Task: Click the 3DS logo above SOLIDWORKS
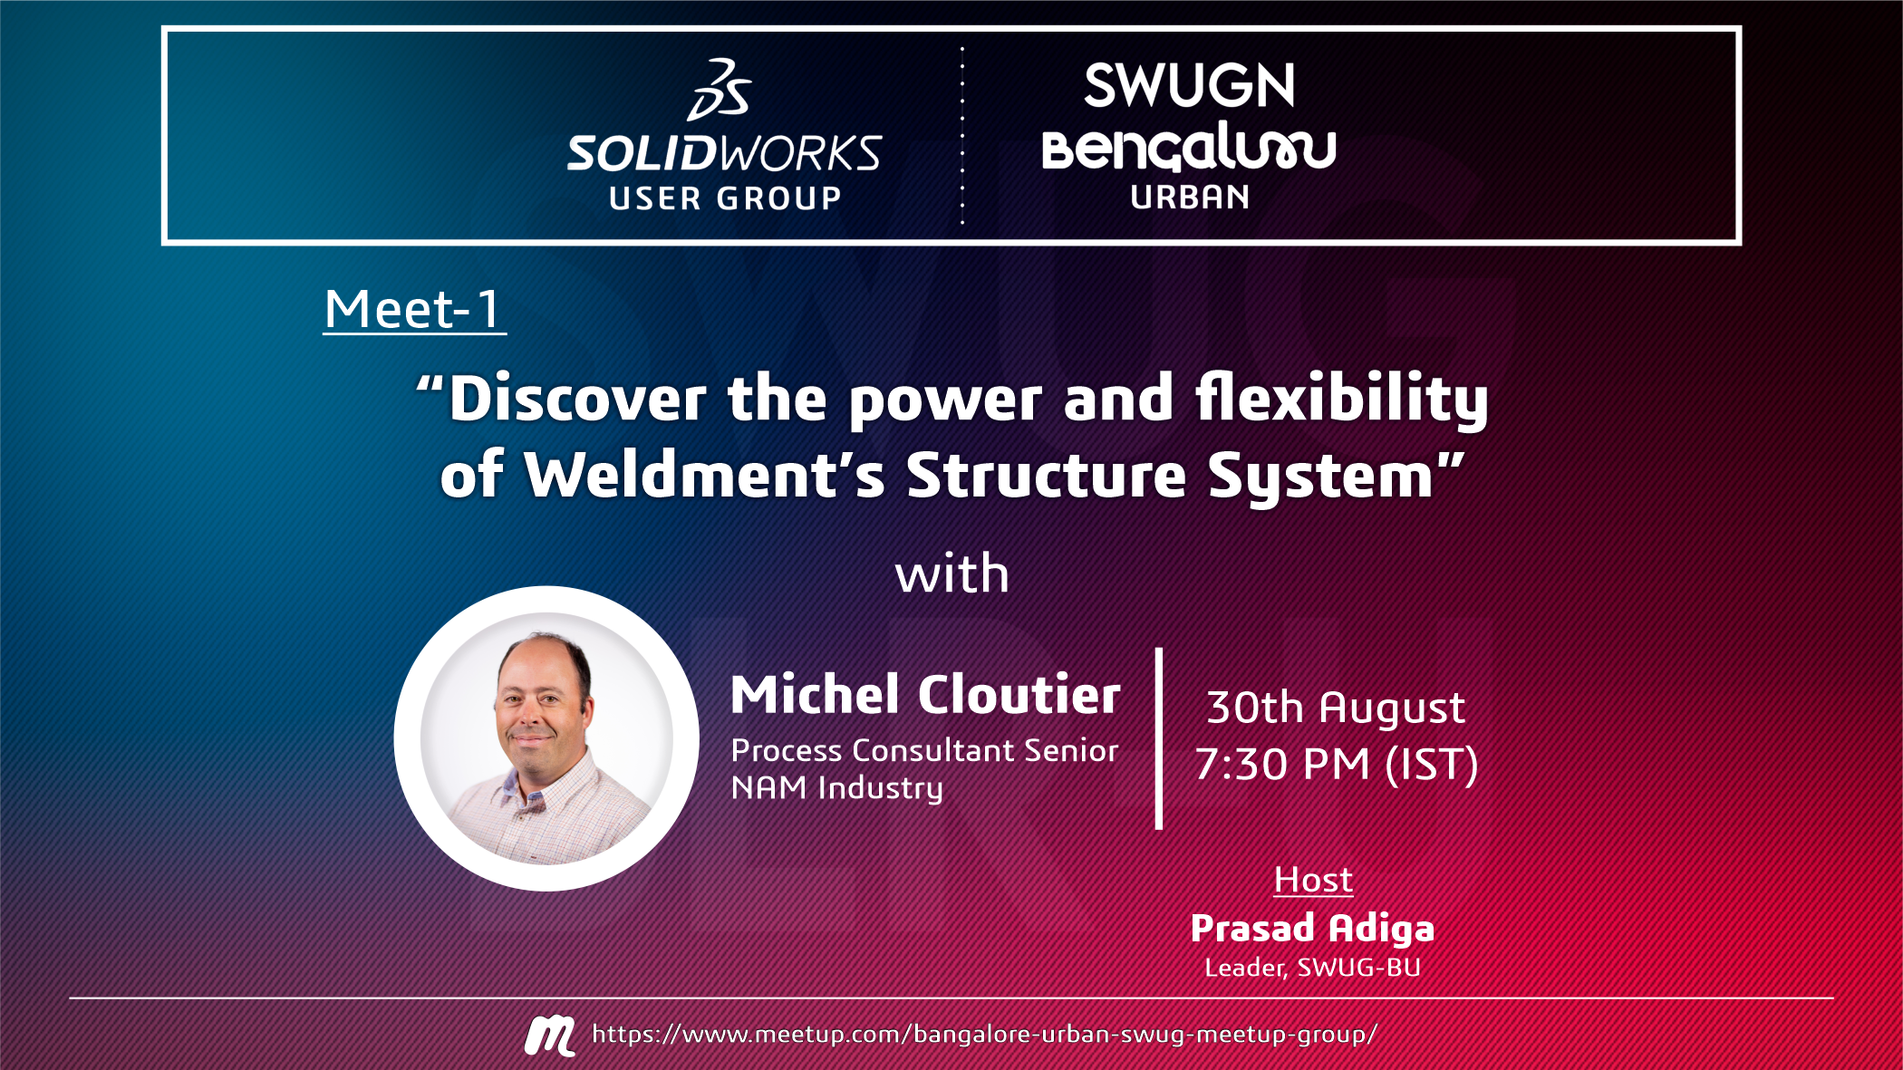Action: click(720, 90)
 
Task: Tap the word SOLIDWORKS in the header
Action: click(724, 154)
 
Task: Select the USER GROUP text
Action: click(725, 198)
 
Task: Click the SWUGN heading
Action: click(1190, 86)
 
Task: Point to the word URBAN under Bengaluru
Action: click(1190, 198)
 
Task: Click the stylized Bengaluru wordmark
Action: click(1189, 148)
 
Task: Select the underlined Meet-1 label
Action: click(413, 310)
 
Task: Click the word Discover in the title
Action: click(577, 399)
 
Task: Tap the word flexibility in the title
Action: click(1342, 400)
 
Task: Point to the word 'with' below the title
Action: click(951, 574)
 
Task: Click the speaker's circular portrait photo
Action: click(546, 738)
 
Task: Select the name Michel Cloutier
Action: click(925, 694)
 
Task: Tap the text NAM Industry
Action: click(836, 788)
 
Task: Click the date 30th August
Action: click(1336, 708)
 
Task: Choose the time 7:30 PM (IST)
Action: click(1337, 765)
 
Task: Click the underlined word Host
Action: click(1313, 880)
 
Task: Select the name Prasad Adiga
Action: click(1312, 929)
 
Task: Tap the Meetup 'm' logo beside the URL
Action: click(549, 1036)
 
